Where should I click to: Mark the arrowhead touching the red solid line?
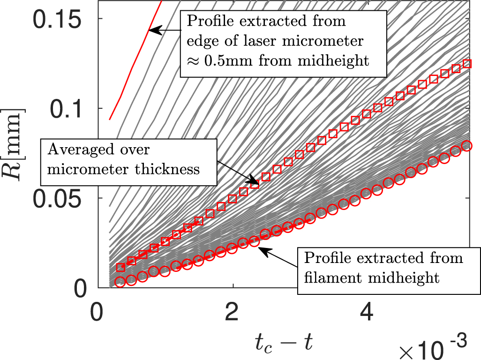coord(151,31)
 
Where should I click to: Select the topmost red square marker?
coord(466,63)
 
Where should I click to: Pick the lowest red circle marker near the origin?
coord(120,282)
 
